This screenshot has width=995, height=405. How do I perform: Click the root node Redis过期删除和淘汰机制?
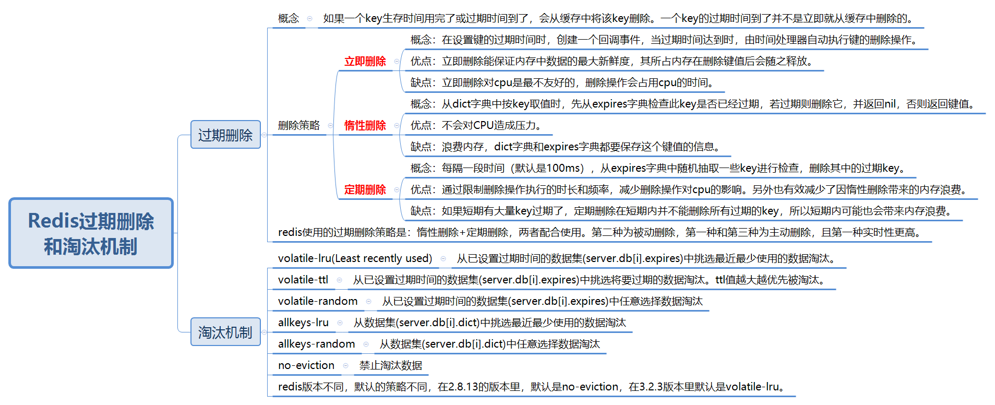click(91, 233)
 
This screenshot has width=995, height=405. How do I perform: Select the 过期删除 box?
click(225, 135)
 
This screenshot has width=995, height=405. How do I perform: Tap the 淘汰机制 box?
click(225, 332)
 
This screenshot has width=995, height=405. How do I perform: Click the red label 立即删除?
click(365, 61)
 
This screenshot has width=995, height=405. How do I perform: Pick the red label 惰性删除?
click(365, 125)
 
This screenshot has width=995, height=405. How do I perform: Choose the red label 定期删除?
click(365, 189)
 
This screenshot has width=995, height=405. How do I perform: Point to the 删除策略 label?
click(298, 125)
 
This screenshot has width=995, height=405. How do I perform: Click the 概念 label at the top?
click(288, 18)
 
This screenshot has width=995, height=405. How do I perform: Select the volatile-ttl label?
click(303, 280)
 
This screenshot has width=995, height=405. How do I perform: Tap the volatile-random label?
click(317, 301)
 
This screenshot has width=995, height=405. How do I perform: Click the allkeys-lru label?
click(303, 323)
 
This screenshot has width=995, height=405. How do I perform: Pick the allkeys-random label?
click(316, 344)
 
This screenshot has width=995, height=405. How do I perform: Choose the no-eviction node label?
click(306, 365)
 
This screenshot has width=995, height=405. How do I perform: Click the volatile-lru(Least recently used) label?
click(355, 258)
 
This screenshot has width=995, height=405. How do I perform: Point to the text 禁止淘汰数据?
click(390, 365)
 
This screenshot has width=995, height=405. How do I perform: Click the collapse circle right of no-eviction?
click(345, 365)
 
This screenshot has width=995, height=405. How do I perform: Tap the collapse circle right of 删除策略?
click(330, 125)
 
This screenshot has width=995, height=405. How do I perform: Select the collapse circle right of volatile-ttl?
click(339, 280)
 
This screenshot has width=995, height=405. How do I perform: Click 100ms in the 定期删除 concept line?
click(565, 168)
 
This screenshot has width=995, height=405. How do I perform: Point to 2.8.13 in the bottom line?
click(463, 387)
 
